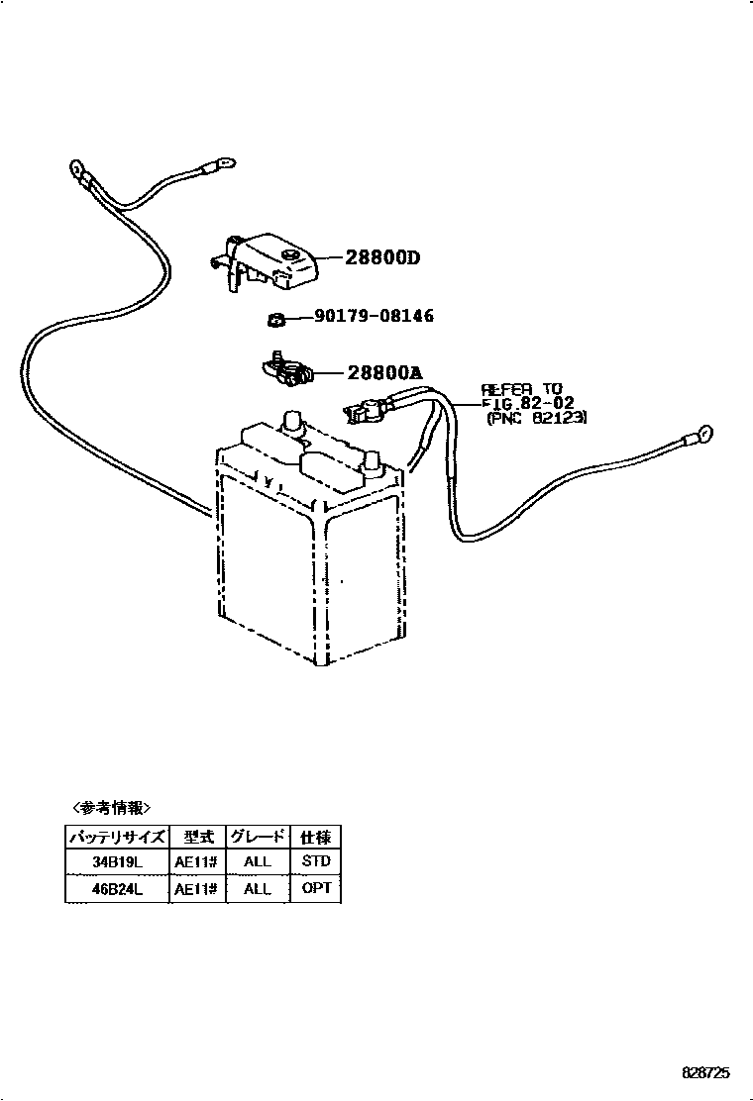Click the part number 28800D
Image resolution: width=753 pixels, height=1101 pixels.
click(x=382, y=258)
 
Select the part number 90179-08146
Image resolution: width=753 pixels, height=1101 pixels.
click(x=374, y=316)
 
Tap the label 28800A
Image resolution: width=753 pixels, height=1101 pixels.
click(x=384, y=373)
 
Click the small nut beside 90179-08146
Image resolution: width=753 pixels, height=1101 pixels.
click(x=276, y=318)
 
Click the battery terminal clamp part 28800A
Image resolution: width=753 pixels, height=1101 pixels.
click(x=286, y=370)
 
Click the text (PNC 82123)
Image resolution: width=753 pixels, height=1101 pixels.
click(x=537, y=419)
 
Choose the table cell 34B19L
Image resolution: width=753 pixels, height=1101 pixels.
click(x=118, y=861)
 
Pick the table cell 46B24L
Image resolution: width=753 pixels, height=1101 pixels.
click(x=118, y=889)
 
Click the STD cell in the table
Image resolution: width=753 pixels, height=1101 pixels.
click(x=315, y=861)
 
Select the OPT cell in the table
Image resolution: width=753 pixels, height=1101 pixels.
click(x=315, y=889)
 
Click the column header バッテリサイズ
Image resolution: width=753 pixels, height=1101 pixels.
click(x=118, y=836)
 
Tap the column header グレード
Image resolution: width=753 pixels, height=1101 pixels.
click(x=257, y=836)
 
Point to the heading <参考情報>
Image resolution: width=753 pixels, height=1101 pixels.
click(x=112, y=807)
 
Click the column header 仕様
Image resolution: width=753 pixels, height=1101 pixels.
click(x=315, y=836)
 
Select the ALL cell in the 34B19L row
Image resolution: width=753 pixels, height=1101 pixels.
click(x=257, y=861)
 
